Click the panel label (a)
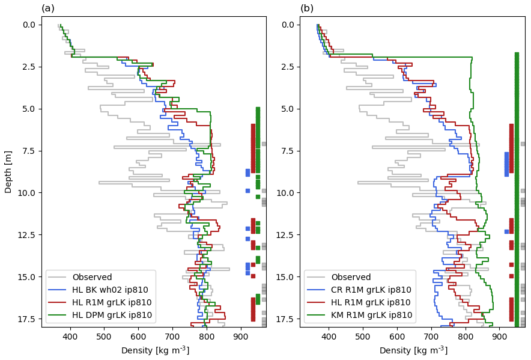(x=47, y=8)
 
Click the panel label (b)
(x=307, y=8)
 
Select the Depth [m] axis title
(x=8, y=171)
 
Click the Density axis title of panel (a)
(x=155, y=351)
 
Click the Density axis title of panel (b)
(x=413, y=351)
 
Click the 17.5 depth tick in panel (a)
(x=28, y=319)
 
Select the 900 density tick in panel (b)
(x=500, y=337)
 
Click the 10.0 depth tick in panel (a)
(x=28, y=192)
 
